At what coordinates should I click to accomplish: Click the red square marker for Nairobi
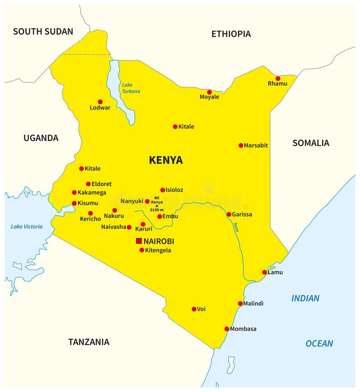(x=139, y=241)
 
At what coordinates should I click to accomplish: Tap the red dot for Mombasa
(x=227, y=329)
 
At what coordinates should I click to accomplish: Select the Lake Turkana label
(x=131, y=88)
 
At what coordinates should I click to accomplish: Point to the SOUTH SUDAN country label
(x=43, y=32)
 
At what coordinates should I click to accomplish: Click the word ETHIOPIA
(x=231, y=34)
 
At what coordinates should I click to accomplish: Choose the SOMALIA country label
(x=310, y=143)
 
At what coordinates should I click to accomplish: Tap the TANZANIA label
(x=89, y=342)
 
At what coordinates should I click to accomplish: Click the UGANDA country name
(x=41, y=138)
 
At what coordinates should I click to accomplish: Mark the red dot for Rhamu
(x=278, y=78)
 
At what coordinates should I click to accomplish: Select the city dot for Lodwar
(x=100, y=102)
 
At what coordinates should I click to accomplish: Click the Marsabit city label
(x=256, y=146)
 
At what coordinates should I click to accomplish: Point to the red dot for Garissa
(x=229, y=214)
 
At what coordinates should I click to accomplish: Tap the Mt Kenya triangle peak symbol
(x=157, y=206)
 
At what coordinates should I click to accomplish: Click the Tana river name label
(x=236, y=227)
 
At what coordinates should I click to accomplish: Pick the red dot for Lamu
(x=265, y=272)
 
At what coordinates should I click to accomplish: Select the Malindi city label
(x=253, y=304)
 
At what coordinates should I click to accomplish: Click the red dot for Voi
(x=194, y=309)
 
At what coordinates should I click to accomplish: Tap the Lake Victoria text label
(x=27, y=227)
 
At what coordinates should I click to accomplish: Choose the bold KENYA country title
(x=166, y=160)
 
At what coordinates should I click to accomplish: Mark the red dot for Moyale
(x=209, y=92)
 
